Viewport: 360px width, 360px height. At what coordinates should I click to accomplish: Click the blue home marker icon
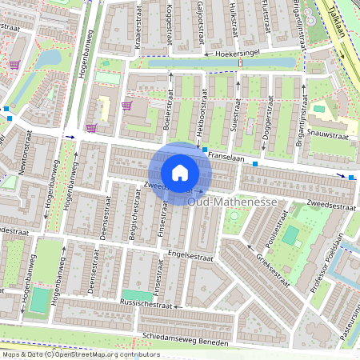tap(180, 173)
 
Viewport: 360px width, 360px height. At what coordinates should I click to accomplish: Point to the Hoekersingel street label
tap(241, 54)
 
